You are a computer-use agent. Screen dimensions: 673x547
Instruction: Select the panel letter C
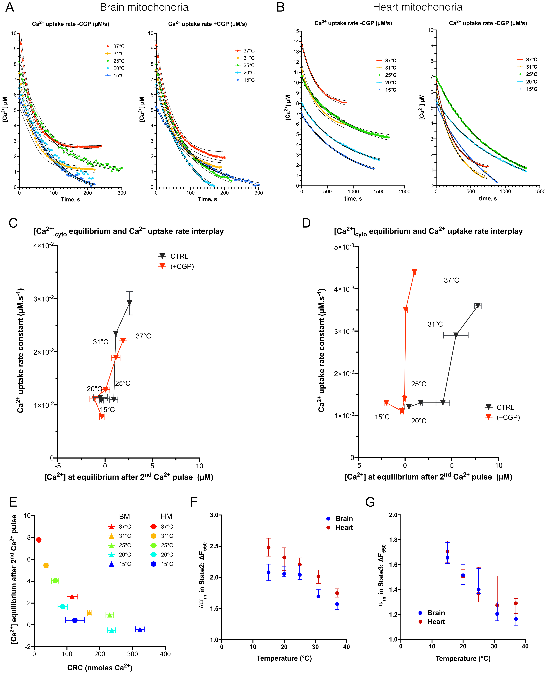[13, 223]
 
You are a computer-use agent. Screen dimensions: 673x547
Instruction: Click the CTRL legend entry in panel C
[179, 256]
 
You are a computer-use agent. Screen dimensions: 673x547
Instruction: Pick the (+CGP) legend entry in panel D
[508, 417]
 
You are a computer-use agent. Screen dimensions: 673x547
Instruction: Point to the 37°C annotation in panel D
[451, 280]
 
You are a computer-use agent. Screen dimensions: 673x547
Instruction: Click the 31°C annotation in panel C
[101, 342]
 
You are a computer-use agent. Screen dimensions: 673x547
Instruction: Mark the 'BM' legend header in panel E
[124, 516]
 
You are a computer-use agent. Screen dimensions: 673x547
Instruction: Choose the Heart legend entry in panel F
[344, 527]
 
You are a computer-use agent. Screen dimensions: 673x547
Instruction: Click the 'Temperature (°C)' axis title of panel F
[284, 658]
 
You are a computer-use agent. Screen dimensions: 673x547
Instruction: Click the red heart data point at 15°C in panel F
[268, 547]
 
